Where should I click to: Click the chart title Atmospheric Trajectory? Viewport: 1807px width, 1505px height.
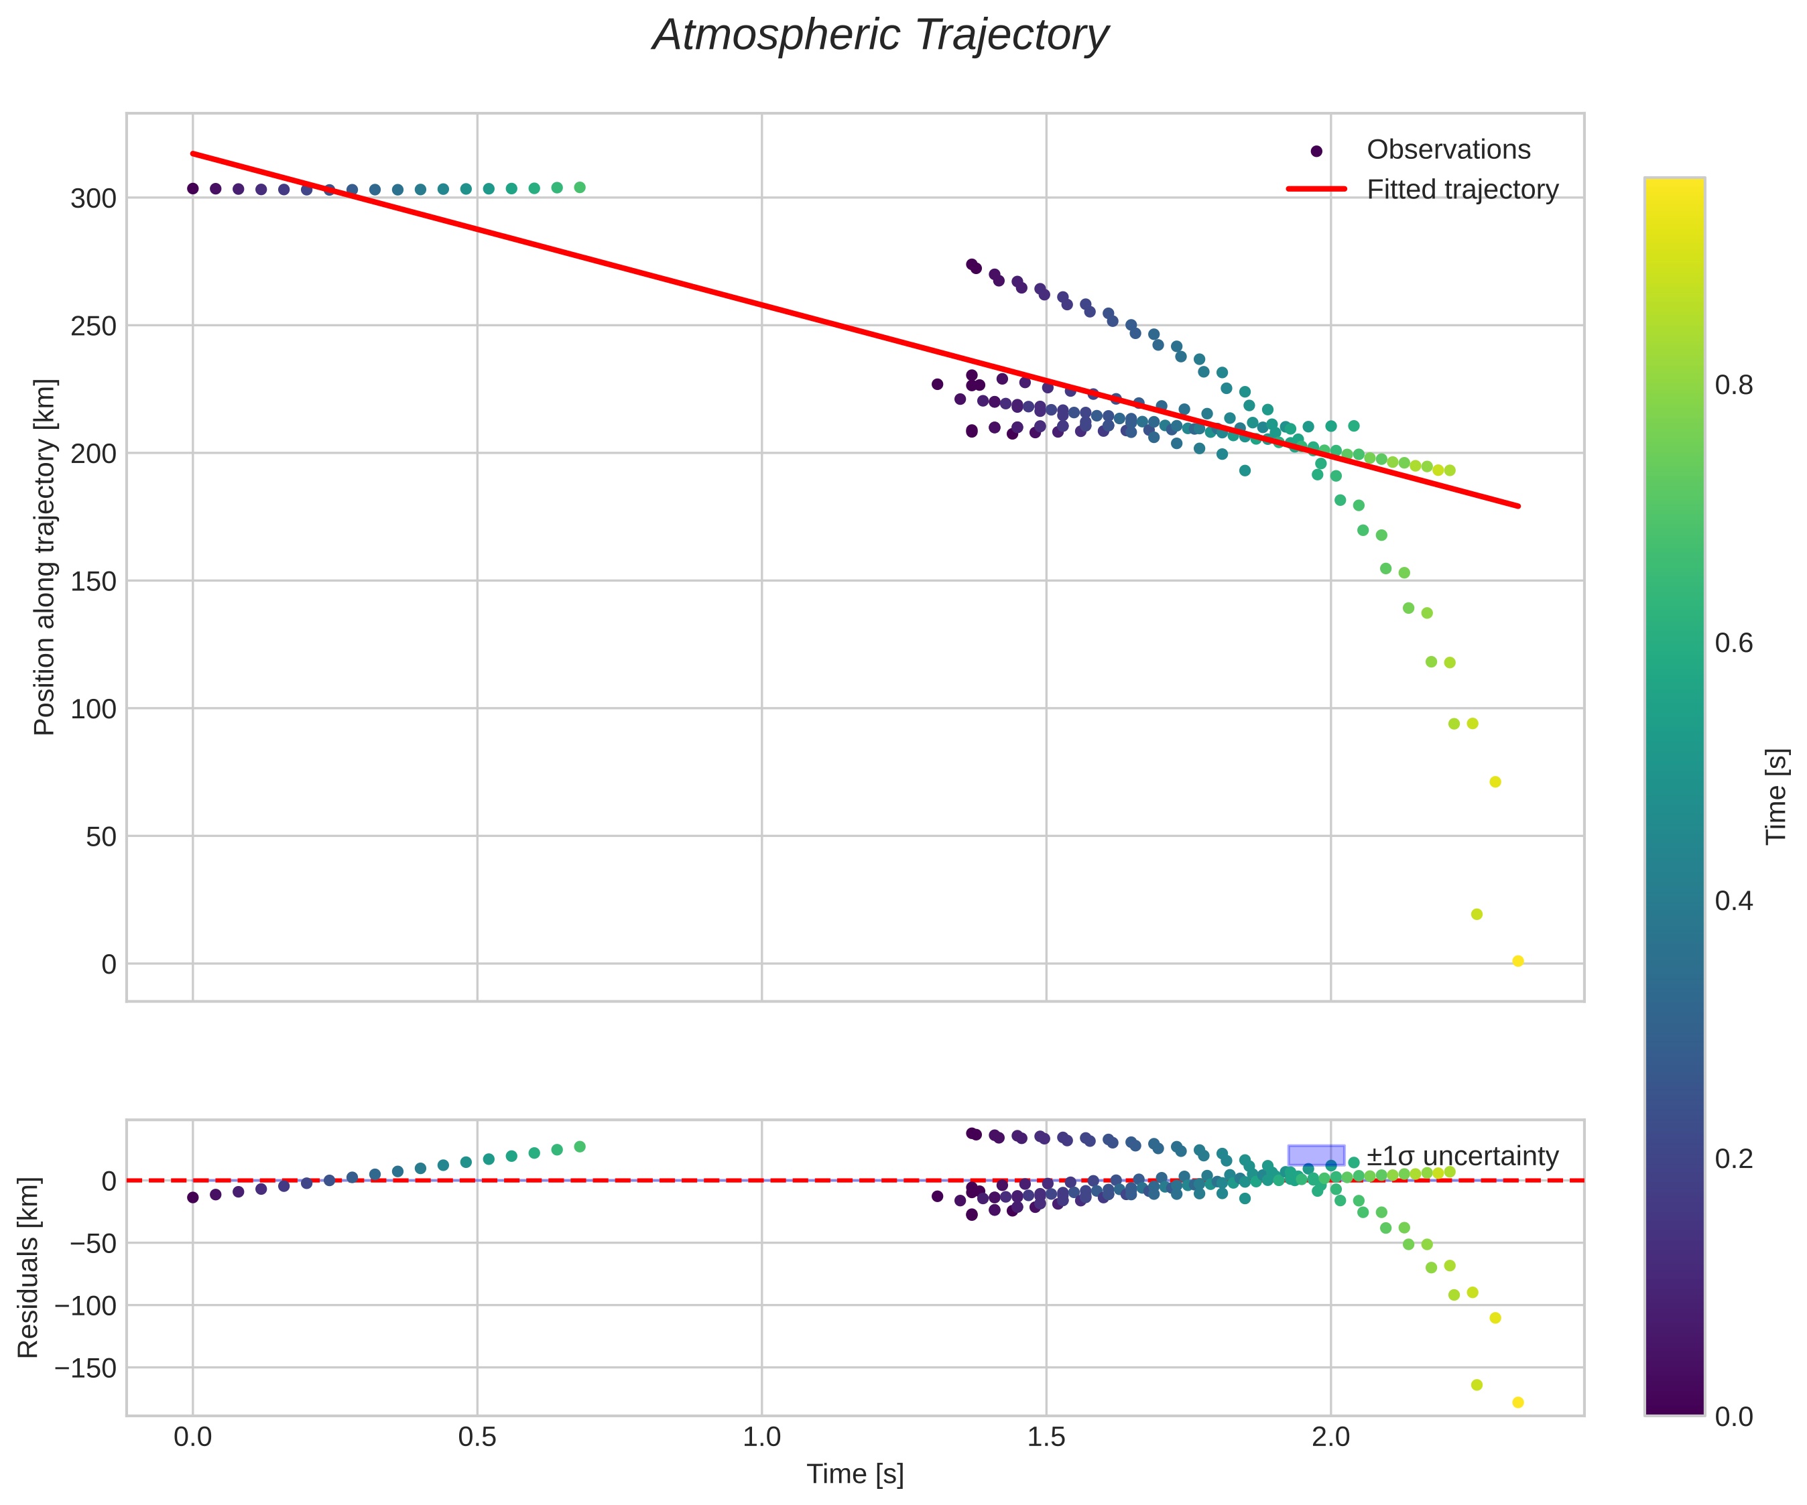879,36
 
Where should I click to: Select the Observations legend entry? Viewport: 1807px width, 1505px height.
1448,149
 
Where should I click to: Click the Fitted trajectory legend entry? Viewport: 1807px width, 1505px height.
1462,190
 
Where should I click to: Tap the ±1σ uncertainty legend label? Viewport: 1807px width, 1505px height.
1462,1156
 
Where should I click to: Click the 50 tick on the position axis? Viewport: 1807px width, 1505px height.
101,836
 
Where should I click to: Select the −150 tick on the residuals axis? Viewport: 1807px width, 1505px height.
84,1368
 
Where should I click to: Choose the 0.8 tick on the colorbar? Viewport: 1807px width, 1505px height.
1733,385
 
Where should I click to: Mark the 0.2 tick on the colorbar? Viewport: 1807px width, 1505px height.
1733,1158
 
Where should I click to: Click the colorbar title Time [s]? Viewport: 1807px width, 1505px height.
1777,796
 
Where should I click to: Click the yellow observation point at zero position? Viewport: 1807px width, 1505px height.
1518,961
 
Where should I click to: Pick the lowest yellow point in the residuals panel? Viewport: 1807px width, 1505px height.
1518,1402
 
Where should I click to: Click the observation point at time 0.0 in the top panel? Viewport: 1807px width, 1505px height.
193,188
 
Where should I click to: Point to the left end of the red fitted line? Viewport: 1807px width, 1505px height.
193,154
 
